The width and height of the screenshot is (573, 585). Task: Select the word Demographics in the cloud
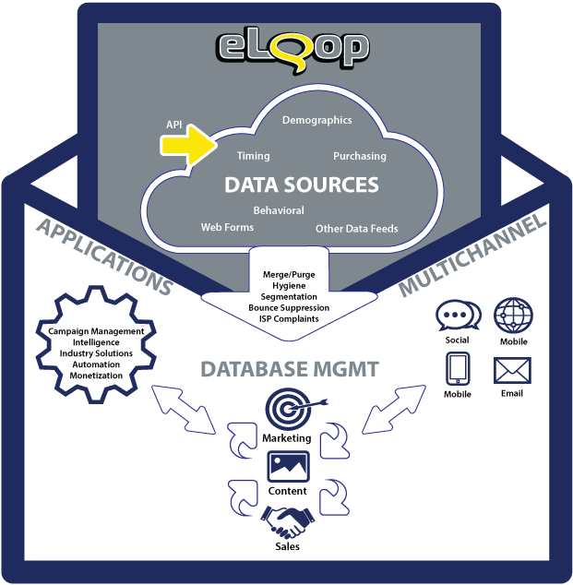316,120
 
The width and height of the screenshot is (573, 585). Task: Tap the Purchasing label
359,156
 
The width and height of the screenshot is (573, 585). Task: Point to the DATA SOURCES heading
301,185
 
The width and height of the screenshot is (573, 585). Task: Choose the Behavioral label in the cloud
278,210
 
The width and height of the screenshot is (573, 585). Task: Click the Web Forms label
226,227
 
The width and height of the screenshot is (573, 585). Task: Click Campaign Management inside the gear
96,331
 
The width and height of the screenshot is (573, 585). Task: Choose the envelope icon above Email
512,371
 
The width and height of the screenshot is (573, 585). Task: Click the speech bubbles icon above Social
457,316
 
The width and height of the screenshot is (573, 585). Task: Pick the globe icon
512,316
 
